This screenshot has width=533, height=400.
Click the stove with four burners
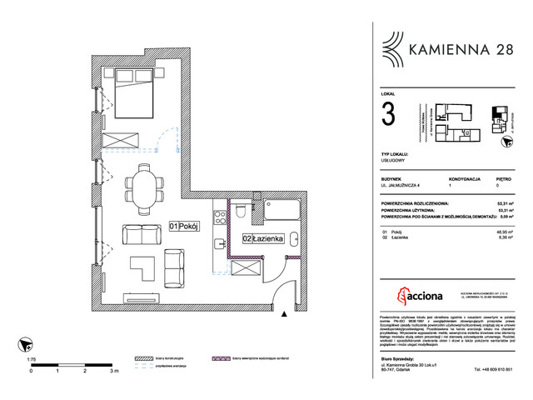pyautogui.click(x=219, y=221)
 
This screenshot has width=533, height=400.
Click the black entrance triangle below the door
pyautogui.click(x=285, y=314)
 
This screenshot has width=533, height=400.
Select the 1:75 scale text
pyautogui.click(x=31, y=358)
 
